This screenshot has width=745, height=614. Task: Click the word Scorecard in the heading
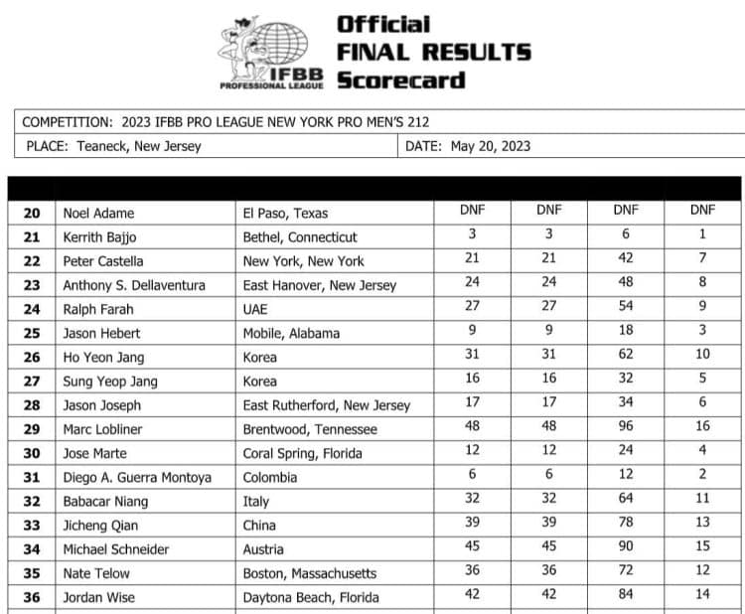[401, 80]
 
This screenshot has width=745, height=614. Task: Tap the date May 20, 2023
[491, 146]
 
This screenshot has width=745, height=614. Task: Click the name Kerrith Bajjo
[99, 237]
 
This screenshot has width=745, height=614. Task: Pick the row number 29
[32, 429]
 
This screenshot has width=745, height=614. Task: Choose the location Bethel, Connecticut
[300, 237]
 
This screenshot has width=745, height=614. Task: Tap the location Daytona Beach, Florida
[310, 597]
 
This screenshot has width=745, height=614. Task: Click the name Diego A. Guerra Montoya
[137, 477]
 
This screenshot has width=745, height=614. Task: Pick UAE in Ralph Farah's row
[257, 309]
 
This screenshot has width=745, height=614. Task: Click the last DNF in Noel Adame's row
[702, 211]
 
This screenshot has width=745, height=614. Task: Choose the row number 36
[32, 597]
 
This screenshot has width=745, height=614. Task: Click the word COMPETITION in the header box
[66, 122]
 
